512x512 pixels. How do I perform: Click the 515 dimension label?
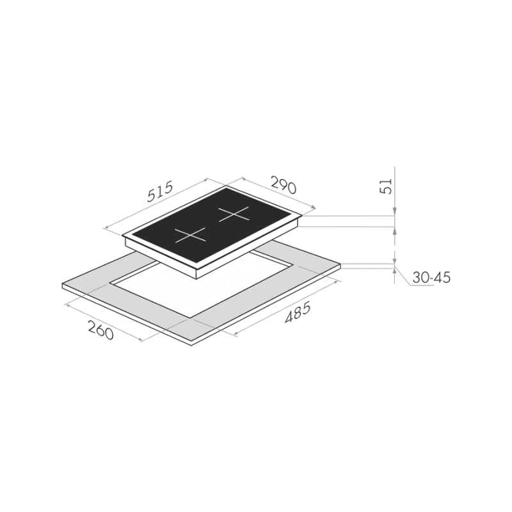[159, 191]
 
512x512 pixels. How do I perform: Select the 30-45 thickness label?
[431, 278]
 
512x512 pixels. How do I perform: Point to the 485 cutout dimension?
[297, 313]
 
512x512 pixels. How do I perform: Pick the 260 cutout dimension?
[100, 330]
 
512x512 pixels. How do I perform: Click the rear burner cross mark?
[234, 214]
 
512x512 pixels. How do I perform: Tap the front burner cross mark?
[191, 235]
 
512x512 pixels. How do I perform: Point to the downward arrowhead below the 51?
[395, 212]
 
